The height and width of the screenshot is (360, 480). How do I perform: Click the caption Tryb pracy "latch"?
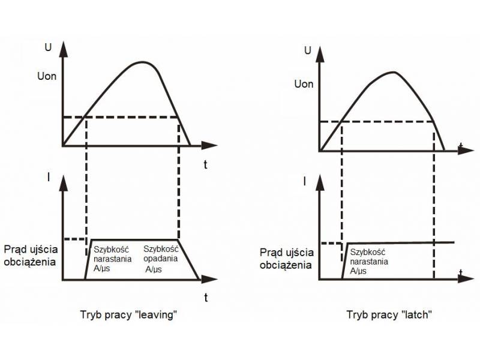coord(389,315)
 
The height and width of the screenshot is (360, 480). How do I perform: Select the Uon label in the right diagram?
coord(304,83)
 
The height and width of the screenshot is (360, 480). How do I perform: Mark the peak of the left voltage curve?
coord(142,62)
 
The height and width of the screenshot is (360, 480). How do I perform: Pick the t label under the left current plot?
coord(205,297)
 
